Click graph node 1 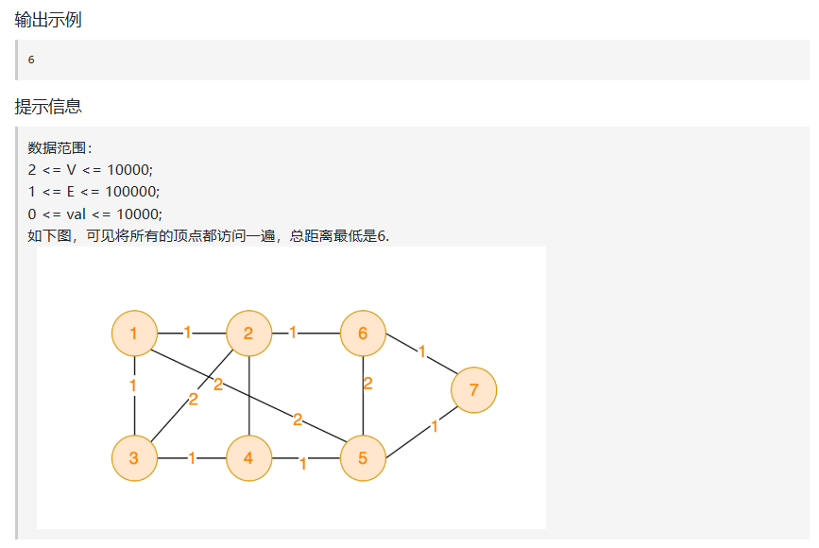(x=134, y=333)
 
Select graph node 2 (x=247, y=333)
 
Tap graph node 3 (x=134, y=458)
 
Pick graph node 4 (x=247, y=458)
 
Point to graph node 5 (x=363, y=458)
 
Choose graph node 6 (x=363, y=333)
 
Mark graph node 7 (x=473, y=389)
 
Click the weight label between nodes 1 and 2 (x=187, y=333)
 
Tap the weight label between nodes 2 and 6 (x=293, y=333)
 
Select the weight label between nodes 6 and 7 (x=422, y=351)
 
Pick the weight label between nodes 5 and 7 (x=435, y=427)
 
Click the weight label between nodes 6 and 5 (x=367, y=384)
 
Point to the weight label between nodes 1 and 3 (x=133, y=385)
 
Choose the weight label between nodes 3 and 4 (x=192, y=458)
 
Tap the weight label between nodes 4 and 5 (x=303, y=464)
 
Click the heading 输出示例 (x=47, y=20)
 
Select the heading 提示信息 (x=47, y=107)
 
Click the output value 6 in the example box (x=31, y=60)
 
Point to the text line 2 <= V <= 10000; (x=90, y=169)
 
